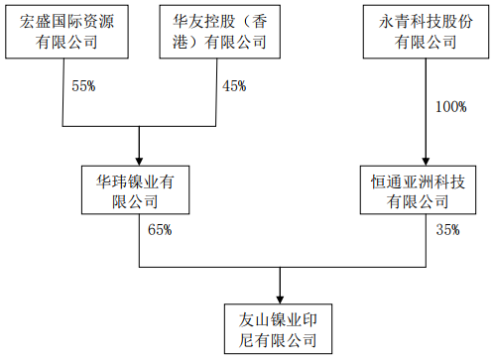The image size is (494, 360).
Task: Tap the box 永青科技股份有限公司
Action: (x=426, y=30)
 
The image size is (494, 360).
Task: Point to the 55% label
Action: (x=83, y=86)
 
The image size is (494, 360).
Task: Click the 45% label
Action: (x=234, y=86)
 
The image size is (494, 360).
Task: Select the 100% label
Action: (x=449, y=106)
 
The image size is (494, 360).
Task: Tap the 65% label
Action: (x=160, y=230)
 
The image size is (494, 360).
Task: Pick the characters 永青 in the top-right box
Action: (x=385, y=20)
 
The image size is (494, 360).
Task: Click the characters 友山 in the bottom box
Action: (x=252, y=319)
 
